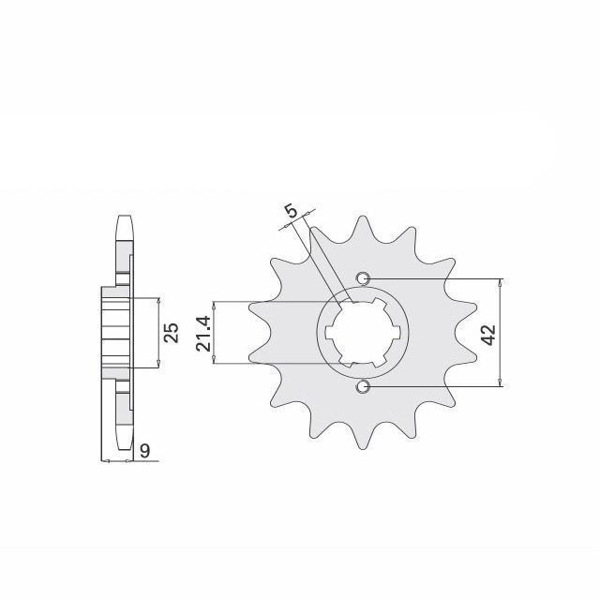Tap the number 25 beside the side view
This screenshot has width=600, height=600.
172,334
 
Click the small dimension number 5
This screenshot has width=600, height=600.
292,212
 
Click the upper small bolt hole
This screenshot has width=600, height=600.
364,277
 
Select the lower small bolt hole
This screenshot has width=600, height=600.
364,386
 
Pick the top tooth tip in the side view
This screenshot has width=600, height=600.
123,219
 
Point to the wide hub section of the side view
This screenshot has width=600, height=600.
112,333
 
